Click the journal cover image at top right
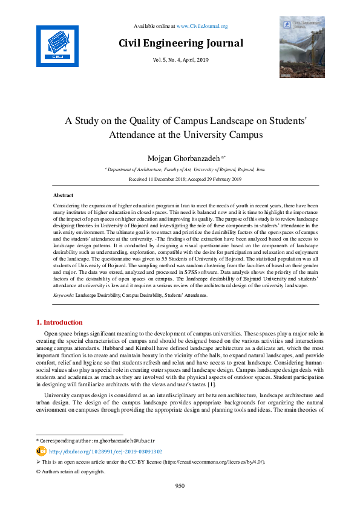tap(301, 48)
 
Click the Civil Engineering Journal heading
tap(181, 43)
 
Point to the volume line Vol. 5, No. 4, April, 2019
tap(181, 59)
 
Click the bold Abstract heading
tap(64, 196)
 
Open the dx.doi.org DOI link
tap(105, 452)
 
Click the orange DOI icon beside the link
tap(41, 451)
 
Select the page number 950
tap(180, 486)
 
